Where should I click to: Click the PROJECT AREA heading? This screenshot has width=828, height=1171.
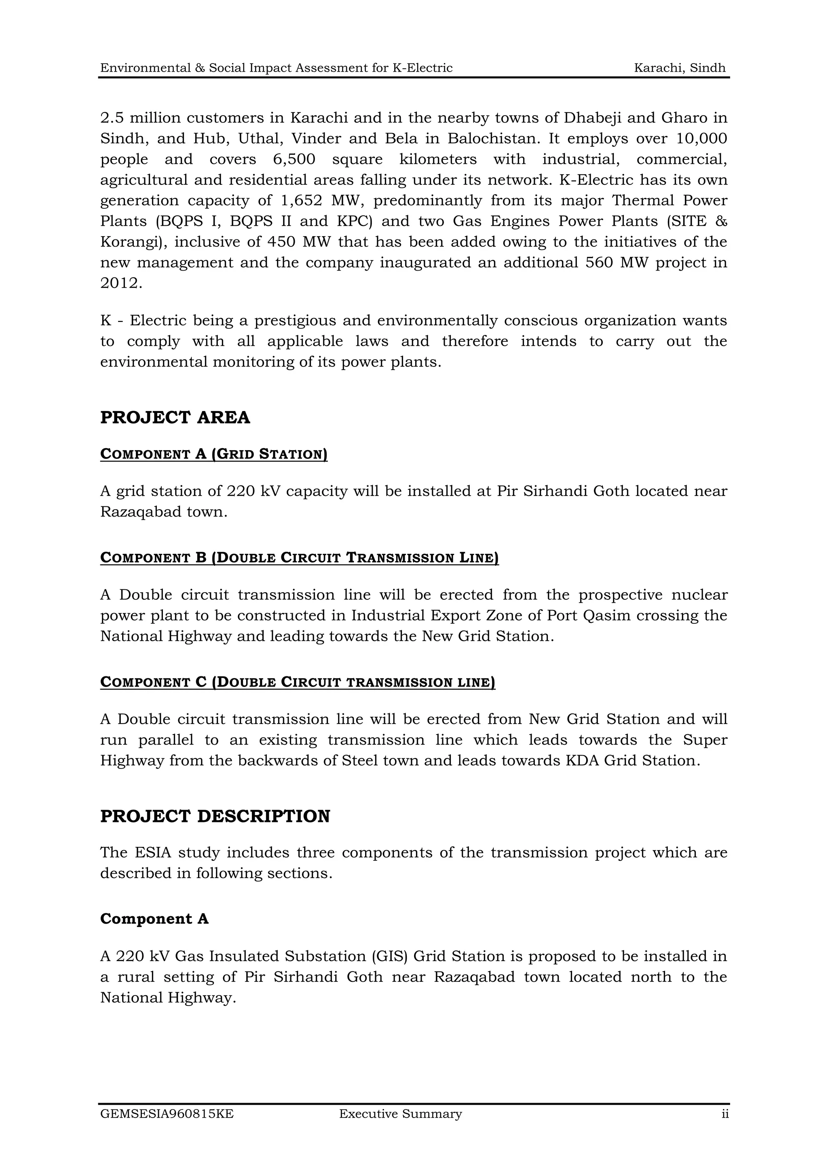point(175,417)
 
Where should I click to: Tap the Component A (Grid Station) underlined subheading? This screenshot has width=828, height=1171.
point(213,454)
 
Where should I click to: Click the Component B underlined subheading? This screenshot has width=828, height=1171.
point(299,557)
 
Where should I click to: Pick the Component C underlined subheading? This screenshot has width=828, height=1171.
point(298,682)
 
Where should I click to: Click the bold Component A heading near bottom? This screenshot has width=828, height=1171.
point(154,919)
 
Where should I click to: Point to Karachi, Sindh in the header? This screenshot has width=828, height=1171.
point(679,68)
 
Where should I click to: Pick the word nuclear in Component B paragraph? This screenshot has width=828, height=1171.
point(699,595)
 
